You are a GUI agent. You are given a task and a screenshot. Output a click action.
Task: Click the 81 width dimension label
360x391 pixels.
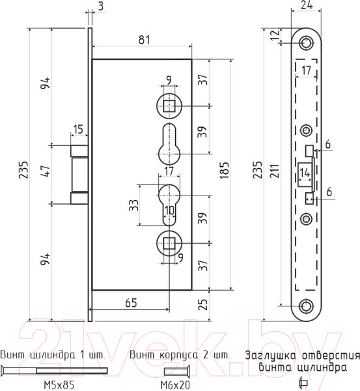145,40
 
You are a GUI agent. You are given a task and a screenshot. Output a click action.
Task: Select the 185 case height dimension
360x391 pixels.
225,170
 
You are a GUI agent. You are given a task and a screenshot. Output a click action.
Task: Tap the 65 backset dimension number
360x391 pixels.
131,303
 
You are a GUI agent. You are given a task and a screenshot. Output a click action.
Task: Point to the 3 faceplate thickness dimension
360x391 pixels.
101,6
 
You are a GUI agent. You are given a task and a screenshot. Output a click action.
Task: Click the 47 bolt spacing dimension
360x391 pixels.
46,171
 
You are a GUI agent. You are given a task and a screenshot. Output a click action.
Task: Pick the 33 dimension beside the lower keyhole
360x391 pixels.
134,205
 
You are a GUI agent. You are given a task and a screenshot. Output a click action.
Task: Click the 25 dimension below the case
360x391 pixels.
203,304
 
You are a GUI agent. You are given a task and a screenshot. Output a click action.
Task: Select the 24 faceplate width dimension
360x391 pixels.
307,5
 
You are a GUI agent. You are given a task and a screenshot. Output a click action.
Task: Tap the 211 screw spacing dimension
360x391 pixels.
275,171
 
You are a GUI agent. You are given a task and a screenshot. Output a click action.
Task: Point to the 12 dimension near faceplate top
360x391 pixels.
275,35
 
